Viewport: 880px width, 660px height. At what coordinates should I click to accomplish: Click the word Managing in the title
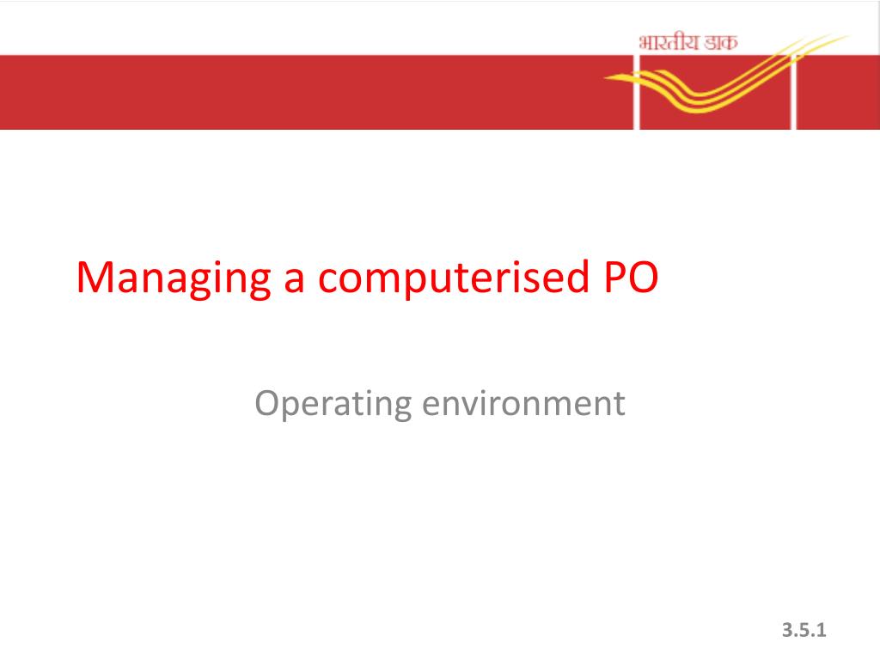[174, 278]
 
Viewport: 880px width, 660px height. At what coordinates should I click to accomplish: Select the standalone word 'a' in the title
[295, 282]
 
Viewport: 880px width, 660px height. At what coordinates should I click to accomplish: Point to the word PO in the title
[631, 278]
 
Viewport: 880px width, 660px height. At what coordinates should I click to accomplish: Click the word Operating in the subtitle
[333, 404]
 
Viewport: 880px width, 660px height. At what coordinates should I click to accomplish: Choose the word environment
[523, 403]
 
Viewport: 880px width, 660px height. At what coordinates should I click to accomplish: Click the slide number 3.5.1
[804, 630]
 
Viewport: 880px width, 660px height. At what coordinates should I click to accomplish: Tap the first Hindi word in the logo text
[669, 43]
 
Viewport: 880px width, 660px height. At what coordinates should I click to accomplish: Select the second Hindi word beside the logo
[721, 43]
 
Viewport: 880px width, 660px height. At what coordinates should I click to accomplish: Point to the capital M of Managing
[95, 278]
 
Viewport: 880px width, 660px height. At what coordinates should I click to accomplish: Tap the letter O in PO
[643, 278]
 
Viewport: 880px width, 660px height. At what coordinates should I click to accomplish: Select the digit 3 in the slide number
[788, 630]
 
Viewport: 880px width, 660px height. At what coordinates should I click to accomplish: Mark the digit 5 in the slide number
[804, 630]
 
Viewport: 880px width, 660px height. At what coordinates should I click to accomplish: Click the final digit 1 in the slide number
[821, 630]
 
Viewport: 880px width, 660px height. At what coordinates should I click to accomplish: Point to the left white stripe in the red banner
[637, 92]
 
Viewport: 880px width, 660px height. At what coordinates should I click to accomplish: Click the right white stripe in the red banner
[793, 92]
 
